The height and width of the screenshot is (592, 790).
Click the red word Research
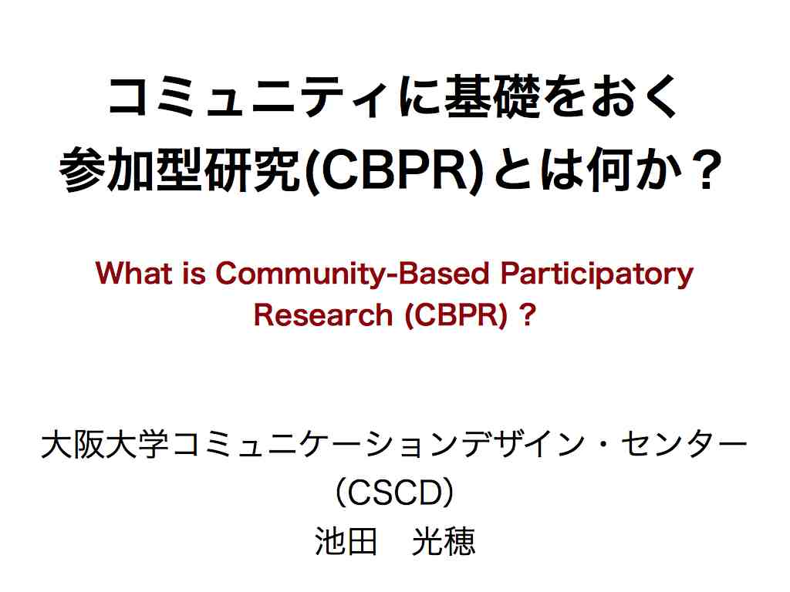pyautogui.click(x=323, y=315)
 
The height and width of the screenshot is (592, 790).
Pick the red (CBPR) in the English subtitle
pyautogui.click(x=456, y=316)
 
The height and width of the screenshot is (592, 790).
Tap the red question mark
pyautogui.click(x=527, y=315)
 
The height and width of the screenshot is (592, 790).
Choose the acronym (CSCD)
pyautogui.click(x=395, y=493)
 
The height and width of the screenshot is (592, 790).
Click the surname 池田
pyautogui.click(x=346, y=542)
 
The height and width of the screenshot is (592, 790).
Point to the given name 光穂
pyautogui.click(x=444, y=542)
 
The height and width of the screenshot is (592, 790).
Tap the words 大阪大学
pyautogui.click(x=105, y=445)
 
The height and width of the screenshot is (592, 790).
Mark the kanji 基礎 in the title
pyautogui.click(x=493, y=96)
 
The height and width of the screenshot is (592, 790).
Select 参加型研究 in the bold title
pyautogui.click(x=181, y=170)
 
